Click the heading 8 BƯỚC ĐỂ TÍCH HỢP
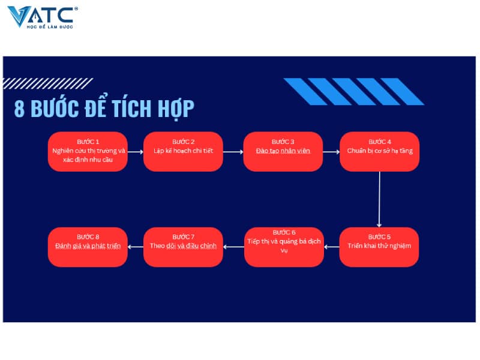click(x=104, y=109)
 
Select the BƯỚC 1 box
click(x=88, y=151)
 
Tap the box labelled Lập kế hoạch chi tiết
click(x=183, y=151)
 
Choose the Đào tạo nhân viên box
click(x=283, y=151)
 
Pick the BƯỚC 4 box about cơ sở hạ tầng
click(x=379, y=151)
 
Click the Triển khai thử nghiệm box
click(x=379, y=246)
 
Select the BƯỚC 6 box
click(x=284, y=246)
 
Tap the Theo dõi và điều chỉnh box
click(x=183, y=246)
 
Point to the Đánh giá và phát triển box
click(x=88, y=246)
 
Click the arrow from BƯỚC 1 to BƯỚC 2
click(x=136, y=152)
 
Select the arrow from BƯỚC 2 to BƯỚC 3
click(x=233, y=152)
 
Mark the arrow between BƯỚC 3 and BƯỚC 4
click(x=331, y=152)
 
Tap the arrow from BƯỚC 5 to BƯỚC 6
click(x=332, y=246)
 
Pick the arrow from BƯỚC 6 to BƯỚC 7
click(x=233, y=246)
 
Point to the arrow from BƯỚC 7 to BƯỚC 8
click(x=136, y=246)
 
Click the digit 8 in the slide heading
click(x=19, y=110)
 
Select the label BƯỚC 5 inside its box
click(x=379, y=236)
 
